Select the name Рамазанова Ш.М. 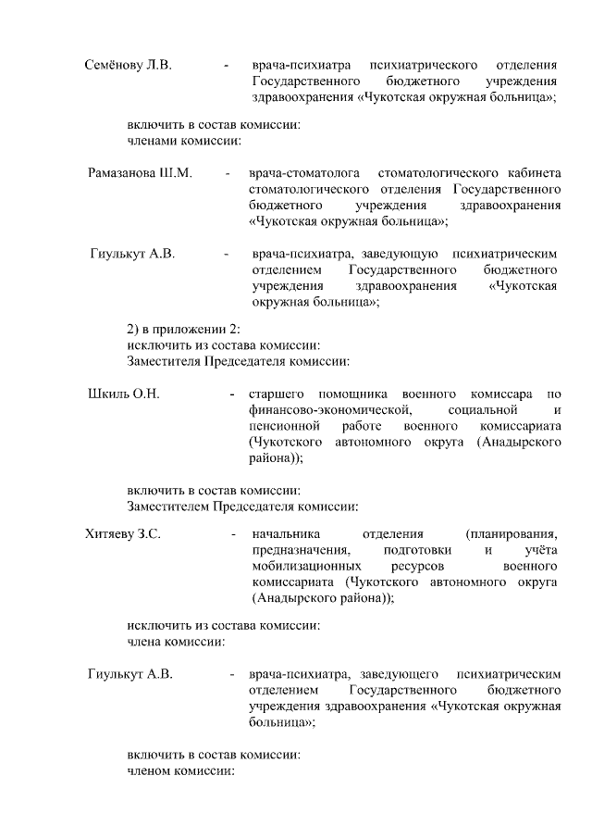click(x=141, y=173)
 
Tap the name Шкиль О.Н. click(x=123, y=394)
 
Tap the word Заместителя click(x=163, y=361)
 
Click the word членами click(x=153, y=141)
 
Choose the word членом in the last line click(x=152, y=771)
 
